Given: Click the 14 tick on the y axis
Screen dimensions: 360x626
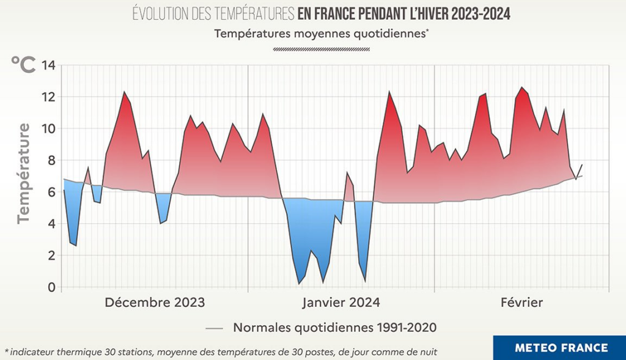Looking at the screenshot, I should click(48, 65).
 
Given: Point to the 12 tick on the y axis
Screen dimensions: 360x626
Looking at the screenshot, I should click(48, 97).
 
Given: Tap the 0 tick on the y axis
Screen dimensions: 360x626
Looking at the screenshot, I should click(51, 287).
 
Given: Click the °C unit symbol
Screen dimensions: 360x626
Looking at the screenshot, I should click(23, 64).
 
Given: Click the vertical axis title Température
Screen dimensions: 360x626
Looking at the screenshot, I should click(23, 173).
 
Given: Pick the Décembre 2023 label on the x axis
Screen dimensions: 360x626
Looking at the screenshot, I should click(155, 303).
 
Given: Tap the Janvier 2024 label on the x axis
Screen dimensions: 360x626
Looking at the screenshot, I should click(341, 303).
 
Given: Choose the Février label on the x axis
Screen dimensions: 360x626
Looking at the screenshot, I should click(521, 303).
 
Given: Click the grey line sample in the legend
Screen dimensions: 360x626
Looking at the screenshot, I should click(214, 328).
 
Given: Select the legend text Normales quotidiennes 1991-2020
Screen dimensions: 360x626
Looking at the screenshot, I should click(335, 328).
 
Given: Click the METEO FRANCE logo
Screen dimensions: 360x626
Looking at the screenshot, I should click(561, 348).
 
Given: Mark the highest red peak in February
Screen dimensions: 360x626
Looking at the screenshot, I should click(521, 87).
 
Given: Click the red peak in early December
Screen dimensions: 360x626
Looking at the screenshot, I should click(124, 92).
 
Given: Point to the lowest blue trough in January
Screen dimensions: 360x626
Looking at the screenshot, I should click(299, 284).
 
